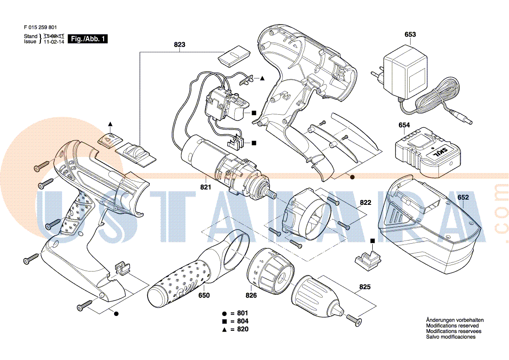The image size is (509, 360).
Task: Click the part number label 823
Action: (179, 44)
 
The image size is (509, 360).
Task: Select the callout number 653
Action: (410, 34)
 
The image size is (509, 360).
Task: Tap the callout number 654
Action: (404, 126)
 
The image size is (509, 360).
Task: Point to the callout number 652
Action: (463, 197)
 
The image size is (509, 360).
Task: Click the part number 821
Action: (206, 187)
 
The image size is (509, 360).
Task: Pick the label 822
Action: (365, 203)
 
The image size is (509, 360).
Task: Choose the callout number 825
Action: (365, 287)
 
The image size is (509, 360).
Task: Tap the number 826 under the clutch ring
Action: (251, 295)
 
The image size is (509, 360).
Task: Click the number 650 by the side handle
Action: (204, 295)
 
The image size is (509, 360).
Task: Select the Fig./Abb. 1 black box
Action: (88, 39)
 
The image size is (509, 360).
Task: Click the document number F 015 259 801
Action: (40, 27)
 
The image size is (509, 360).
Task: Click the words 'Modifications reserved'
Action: (452, 326)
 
